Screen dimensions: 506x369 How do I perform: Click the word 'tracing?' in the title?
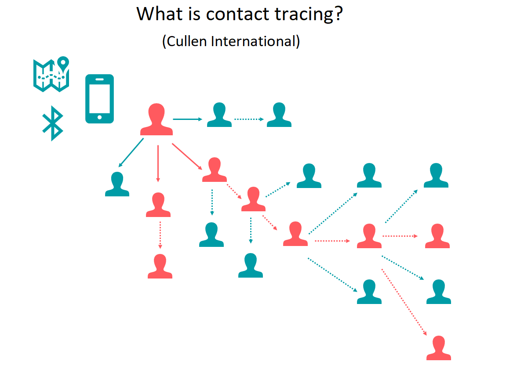pyautogui.click(x=309, y=14)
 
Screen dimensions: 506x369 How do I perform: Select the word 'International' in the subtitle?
pyautogui.click(x=253, y=41)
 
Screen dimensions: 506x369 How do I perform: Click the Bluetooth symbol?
pyautogui.click(x=53, y=123)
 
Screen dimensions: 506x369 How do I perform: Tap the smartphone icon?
pyautogui.click(x=99, y=99)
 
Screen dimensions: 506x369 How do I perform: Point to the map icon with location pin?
pyautogui.click(x=51, y=74)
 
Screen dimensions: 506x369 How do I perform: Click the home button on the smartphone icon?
pyautogui.click(x=99, y=117)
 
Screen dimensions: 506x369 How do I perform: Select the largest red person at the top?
pyautogui.click(x=157, y=119)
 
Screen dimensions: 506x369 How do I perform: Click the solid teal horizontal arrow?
pyautogui.click(x=187, y=119)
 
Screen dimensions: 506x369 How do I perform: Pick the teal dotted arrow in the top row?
pyautogui.click(x=249, y=119)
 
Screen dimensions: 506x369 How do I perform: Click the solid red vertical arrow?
pyautogui.click(x=158, y=164)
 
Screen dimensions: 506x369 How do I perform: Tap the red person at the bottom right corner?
pyautogui.click(x=439, y=348)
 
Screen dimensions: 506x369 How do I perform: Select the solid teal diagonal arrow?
pyautogui.click(x=131, y=152)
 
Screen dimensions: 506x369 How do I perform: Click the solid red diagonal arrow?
pyautogui.click(x=187, y=156)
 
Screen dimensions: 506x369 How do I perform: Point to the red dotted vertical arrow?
pyautogui.click(x=160, y=235)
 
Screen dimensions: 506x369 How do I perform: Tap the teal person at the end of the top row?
pyautogui.click(x=279, y=115)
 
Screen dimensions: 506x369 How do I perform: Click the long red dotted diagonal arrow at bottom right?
pyautogui.click(x=404, y=302)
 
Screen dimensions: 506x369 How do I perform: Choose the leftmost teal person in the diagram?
pyautogui.click(x=117, y=184)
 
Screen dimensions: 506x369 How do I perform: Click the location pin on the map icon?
pyautogui.click(x=63, y=63)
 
